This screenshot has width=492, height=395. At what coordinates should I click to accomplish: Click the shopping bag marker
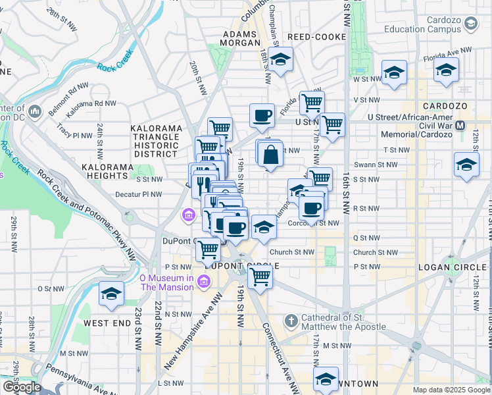(x=270, y=155)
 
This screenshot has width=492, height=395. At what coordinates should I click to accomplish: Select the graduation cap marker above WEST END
(x=111, y=295)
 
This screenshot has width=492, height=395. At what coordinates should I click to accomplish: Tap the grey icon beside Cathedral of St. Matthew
(x=291, y=321)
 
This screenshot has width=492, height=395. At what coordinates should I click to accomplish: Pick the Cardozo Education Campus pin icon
(x=470, y=24)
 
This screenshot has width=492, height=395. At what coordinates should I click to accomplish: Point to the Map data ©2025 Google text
(x=451, y=390)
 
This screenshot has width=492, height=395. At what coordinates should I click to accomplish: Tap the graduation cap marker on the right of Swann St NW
(x=466, y=165)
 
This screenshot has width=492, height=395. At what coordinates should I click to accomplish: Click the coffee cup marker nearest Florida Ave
(x=262, y=116)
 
